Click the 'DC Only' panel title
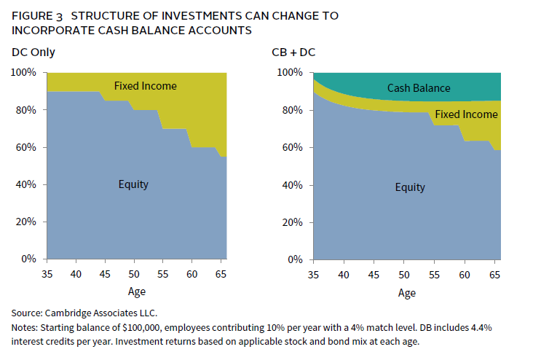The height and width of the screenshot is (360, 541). [x=33, y=52]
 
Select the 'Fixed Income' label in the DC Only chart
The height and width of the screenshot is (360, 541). [x=146, y=86]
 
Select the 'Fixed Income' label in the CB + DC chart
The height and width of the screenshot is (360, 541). [x=466, y=114]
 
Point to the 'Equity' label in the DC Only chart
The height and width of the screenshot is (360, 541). [x=133, y=184]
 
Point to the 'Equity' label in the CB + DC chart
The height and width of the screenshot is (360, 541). [x=410, y=187]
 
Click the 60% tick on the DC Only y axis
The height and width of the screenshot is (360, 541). [x=26, y=147]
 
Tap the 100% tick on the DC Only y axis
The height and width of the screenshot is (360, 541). [x=24, y=73]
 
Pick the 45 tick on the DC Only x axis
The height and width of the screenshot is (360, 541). [x=106, y=273]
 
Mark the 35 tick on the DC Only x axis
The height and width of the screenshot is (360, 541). [x=47, y=273]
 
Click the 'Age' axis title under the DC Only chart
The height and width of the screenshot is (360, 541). [x=137, y=292]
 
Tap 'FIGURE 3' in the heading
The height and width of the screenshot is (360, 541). [x=39, y=15]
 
